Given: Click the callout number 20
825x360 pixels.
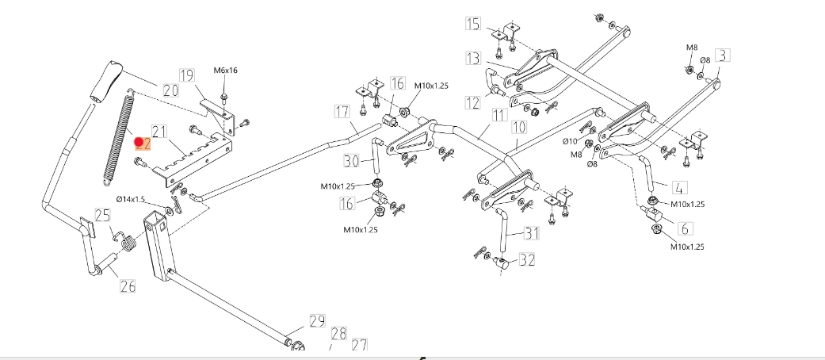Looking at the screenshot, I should click(170, 91).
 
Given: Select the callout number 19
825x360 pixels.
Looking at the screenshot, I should click(186, 76).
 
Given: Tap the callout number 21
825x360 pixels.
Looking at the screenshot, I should click(159, 132).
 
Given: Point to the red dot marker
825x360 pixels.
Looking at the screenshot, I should click(139, 143).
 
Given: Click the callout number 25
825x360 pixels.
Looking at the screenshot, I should click(103, 215).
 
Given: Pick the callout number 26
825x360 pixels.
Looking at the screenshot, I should click(127, 286).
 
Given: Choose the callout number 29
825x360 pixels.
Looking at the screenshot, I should click(317, 321).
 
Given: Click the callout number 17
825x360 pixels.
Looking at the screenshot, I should click(342, 111).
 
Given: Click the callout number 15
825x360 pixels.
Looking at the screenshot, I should click(472, 24).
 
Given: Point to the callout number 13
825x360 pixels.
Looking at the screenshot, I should click(473, 58).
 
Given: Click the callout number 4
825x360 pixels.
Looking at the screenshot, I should click(680, 188).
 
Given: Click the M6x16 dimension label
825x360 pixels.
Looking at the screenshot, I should click(226, 71).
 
